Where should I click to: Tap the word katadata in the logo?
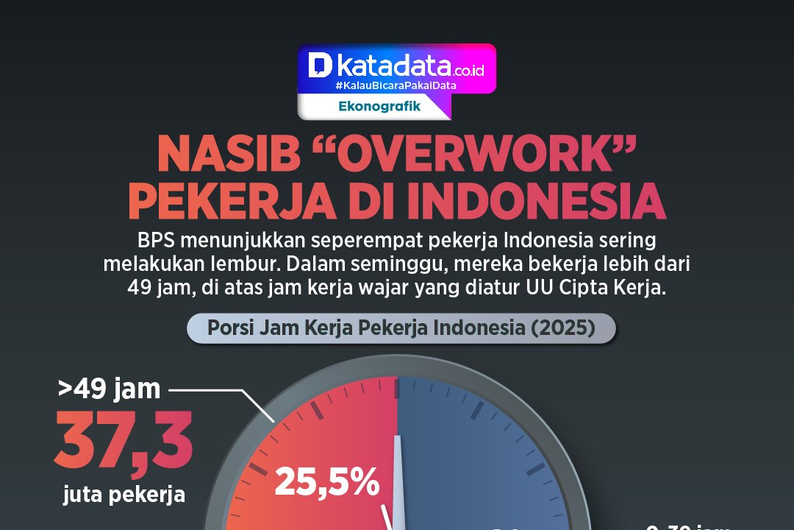tap(393, 67)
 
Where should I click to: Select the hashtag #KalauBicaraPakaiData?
tap(396, 85)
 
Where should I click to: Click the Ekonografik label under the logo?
tap(379, 106)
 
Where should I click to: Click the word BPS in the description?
tap(154, 241)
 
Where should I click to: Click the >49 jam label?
tap(109, 388)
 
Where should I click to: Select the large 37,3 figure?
tap(124, 443)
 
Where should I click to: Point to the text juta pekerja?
tap(124, 494)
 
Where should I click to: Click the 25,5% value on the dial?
tap(327, 483)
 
